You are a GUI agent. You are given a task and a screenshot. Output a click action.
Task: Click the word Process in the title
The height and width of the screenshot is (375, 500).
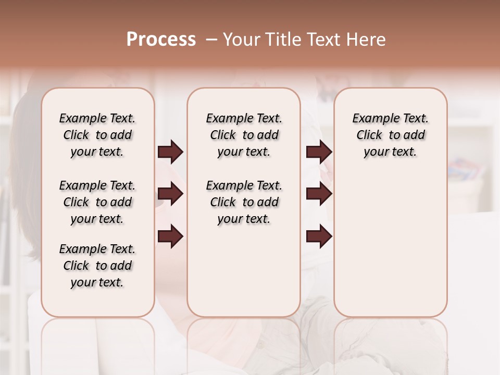[161, 40]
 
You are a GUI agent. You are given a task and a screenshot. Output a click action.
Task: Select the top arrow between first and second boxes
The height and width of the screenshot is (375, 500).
[170, 152]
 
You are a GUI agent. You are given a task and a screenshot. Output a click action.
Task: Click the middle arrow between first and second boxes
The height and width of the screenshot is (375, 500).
[170, 194]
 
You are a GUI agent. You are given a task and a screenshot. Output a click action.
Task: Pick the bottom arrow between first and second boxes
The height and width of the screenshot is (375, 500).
[170, 236]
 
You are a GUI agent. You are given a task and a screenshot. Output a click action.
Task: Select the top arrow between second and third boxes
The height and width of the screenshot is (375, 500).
[319, 152]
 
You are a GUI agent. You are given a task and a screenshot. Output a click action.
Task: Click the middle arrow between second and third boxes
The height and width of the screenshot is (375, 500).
[319, 194]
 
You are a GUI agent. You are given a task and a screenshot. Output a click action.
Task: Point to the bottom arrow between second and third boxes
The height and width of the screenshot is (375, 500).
[319, 236]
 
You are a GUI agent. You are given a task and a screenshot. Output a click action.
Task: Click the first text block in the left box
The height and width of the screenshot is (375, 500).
[97, 135]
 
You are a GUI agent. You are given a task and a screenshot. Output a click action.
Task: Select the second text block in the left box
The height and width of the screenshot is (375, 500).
[97, 202]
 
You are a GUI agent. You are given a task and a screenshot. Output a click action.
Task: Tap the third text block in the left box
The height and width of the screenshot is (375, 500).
[97, 266]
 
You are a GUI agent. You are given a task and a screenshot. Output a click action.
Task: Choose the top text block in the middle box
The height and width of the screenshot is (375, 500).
[244, 135]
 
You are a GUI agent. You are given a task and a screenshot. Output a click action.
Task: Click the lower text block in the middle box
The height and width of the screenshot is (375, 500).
[244, 202]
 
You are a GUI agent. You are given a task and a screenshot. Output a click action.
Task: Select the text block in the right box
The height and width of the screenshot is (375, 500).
[390, 135]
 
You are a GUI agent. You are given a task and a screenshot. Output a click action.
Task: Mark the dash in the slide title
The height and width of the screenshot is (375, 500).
[211, 40]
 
